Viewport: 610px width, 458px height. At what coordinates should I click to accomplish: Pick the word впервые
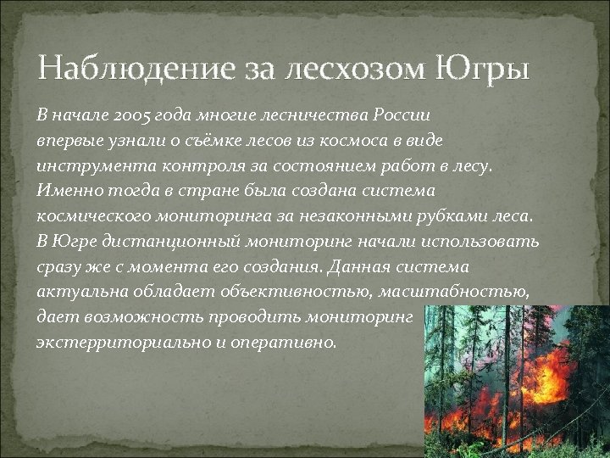(66, 138)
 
